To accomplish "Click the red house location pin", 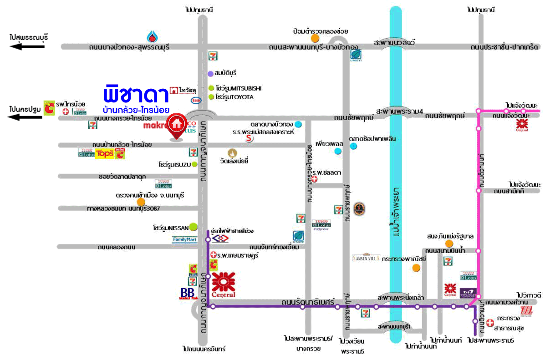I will tap(176, 125).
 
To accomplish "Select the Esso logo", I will tap(195, 101).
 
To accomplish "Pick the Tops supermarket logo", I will tap(104, 154).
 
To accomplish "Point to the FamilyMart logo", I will tap(184, 239).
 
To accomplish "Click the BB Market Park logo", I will tap(188, 294).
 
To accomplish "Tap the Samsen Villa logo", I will tap(366, 257).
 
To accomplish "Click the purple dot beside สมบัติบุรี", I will tap(210, 73).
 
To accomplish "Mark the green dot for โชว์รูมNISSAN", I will tap(193, 226).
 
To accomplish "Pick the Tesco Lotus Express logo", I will tap(321, 225).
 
